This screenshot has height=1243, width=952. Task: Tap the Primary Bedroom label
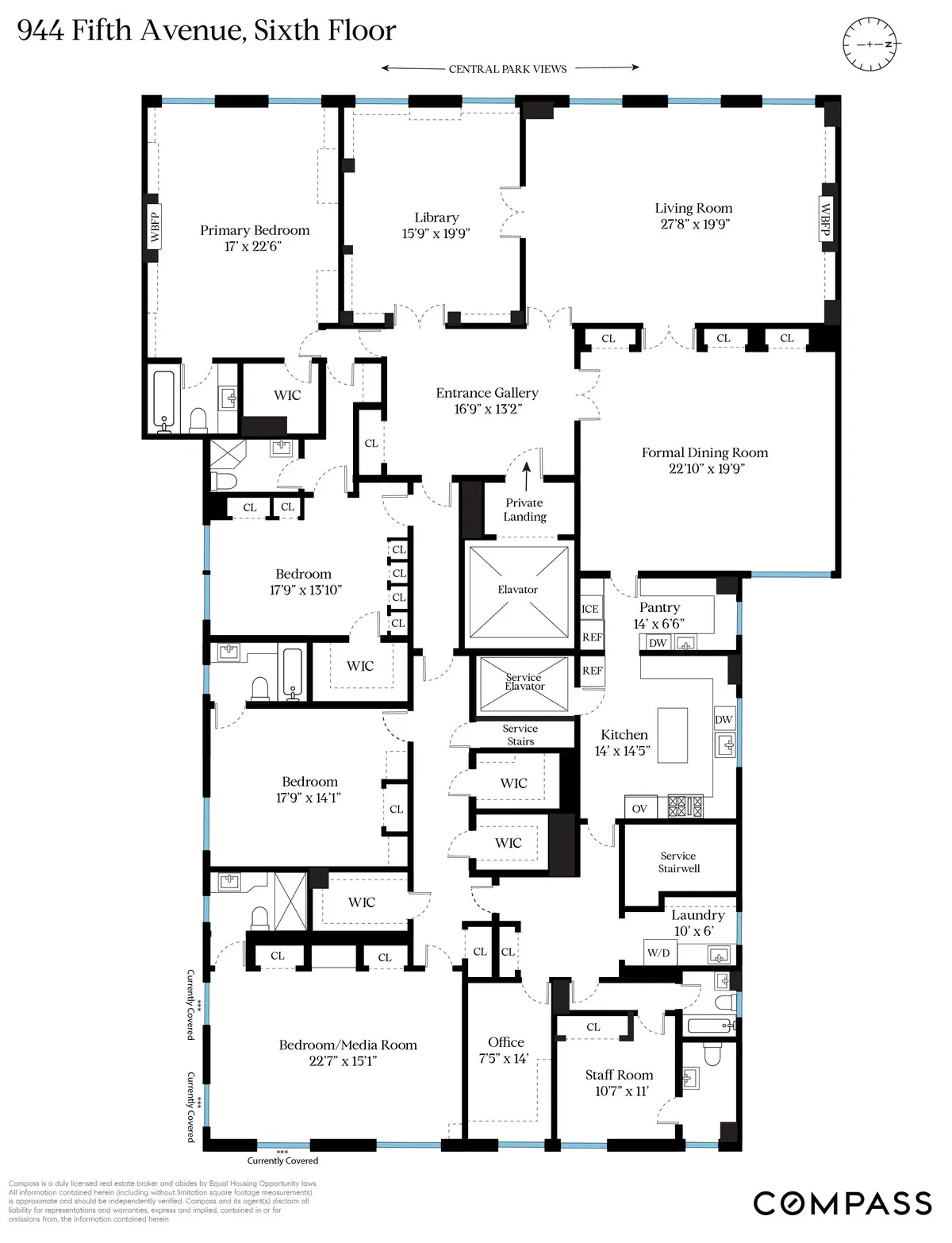coord(255,230)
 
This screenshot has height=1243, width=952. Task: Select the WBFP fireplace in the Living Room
coord(825,219)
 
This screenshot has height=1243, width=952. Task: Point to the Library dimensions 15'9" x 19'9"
coord(436,233)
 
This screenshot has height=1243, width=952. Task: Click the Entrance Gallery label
coord(486,393)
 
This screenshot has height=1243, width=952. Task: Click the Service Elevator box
coord(524,683)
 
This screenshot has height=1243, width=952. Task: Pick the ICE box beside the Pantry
coord(590,609)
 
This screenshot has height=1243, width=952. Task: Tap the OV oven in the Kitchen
coord(639,808)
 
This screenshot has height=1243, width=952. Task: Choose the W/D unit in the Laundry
coord(658,952)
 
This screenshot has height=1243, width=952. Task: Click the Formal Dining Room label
coord(704,452)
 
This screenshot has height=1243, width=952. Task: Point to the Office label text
coord(506,1042)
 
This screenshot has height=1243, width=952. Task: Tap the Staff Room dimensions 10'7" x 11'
coord(619,1091)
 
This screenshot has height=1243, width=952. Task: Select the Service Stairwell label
coord(678,862)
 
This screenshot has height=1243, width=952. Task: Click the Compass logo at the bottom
coord(842,1203)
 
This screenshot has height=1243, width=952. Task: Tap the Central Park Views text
coord(508,69)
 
